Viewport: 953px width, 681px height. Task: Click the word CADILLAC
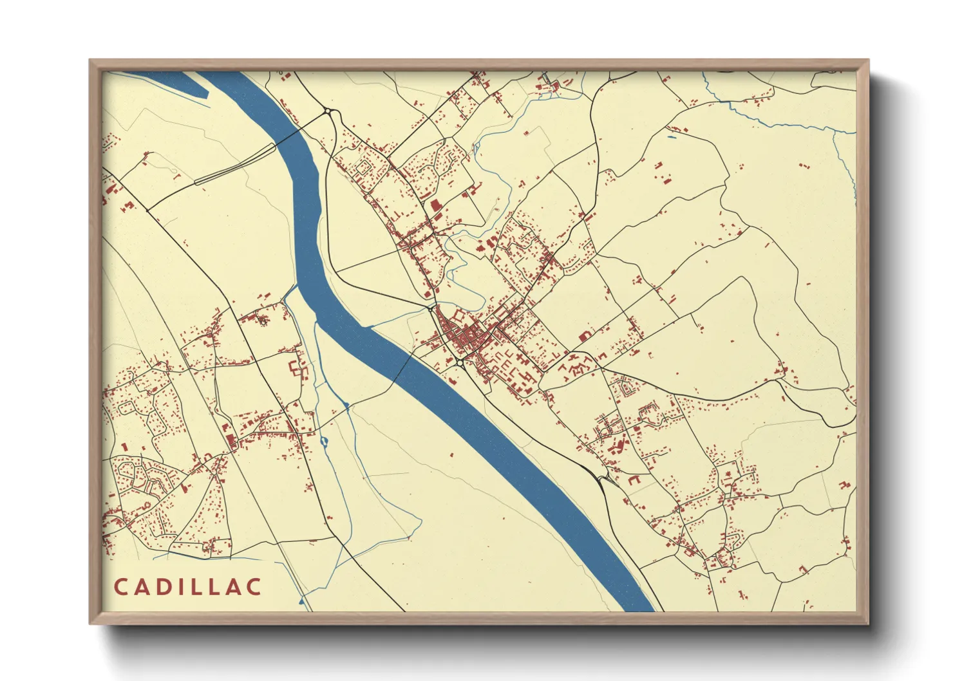click(188, 587)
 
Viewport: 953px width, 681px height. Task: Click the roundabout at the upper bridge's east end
click(330, 112)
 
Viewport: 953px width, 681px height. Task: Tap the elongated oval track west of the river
click(235, 165)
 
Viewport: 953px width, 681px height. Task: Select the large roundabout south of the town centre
click(459, 363)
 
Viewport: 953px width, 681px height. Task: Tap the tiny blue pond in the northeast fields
click(672, 136)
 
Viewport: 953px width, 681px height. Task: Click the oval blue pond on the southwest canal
click(323, 442)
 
